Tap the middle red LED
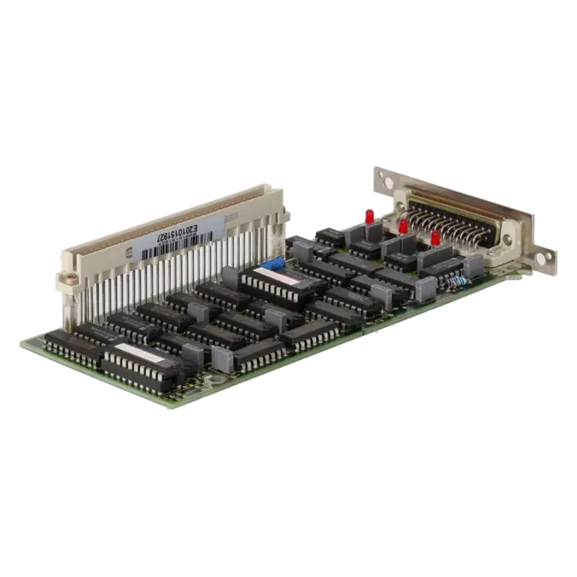click(x=402, y=226)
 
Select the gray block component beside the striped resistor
click(x=473, y=265)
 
